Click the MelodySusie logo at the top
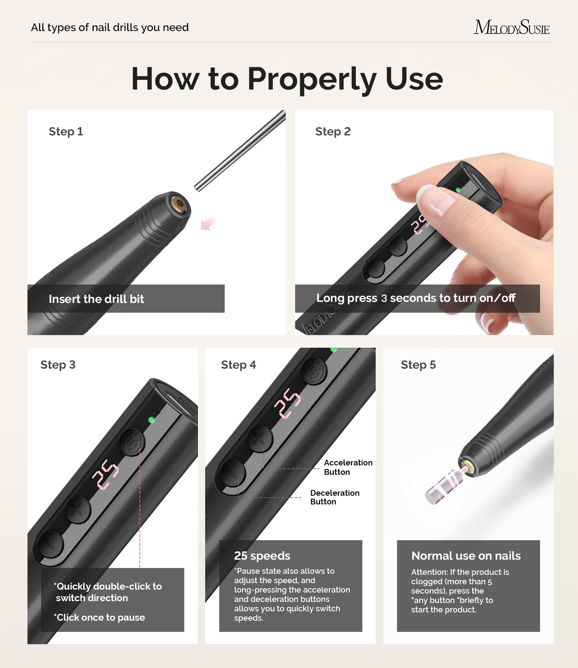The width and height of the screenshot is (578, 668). pyautogui.click(x=511, y=27)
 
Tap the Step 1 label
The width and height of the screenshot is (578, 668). pyautogui.click(x=66, y=131)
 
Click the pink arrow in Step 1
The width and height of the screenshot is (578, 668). pyautogui.click(x=208, y=223)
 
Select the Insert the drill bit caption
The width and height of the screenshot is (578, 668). pyautogui.click(x=96, y=299)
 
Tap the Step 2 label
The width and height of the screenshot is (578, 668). pyautogui.click(x=333, y=131)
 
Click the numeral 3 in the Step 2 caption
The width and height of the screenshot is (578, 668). pyautogui.click(x=384, y=299)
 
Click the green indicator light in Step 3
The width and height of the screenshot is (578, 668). pyautogui.click(x=152, y=420)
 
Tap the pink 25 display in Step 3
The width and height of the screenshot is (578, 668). pyautogui.click(x=105, y=474)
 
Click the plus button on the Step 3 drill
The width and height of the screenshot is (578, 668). pyautogui.click(x=78, y=509)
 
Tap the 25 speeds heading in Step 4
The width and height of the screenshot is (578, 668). pyautogui.click(x=262, y=556)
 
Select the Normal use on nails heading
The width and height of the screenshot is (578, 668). pyautogui.click(x=466, y=556)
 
